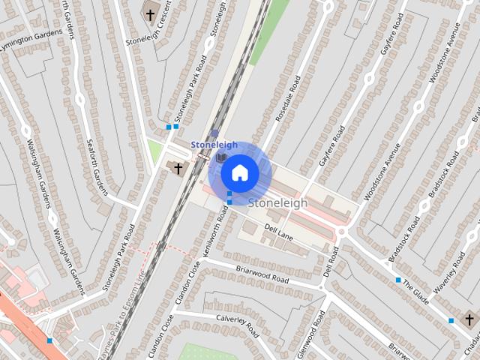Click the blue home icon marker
[x=239, y=173]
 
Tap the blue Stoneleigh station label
[x=214, y=145]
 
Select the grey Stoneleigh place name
[x=277, y=202]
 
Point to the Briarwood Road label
[x=262, y=274]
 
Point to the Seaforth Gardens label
[x=97, y=167]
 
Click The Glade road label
[x=415, y=292]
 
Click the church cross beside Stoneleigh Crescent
[x=150, y=14]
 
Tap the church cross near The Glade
[x=469, y=320]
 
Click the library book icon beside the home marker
[x=220, y=157]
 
